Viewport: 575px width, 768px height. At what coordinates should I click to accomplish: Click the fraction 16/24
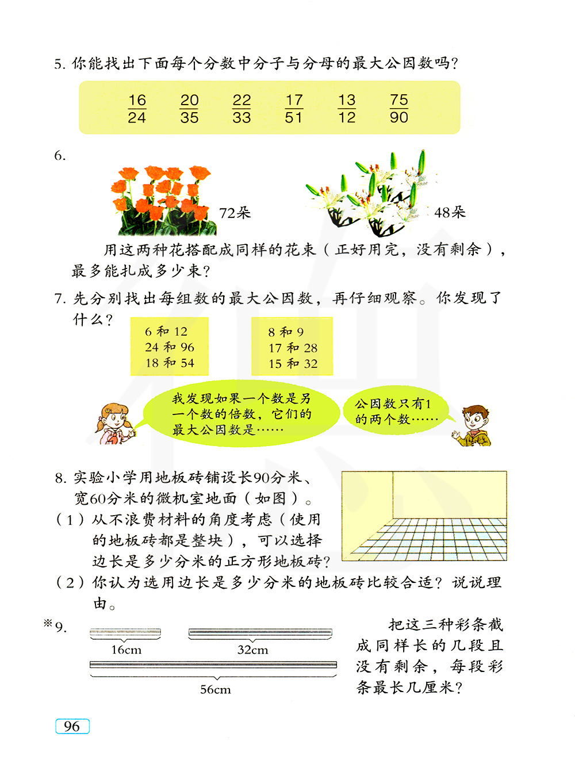coord(137,109)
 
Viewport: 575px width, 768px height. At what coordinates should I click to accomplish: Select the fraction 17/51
coord(294,109)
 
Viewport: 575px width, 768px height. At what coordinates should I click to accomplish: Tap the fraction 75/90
coord(398,109)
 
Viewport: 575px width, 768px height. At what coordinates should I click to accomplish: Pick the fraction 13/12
coord(347,109)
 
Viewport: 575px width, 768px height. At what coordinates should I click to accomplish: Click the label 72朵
coord(235,213)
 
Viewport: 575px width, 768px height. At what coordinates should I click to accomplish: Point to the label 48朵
coord(450,213)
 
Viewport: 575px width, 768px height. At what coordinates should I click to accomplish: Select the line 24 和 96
coord(170,347)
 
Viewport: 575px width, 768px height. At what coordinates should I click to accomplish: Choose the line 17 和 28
coord(293,348)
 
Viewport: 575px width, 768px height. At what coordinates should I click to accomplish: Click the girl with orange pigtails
coord(115,424)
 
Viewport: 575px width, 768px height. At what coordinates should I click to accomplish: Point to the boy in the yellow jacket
coord(473,426)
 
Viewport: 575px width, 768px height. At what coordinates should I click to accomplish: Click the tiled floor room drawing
coord(424,516)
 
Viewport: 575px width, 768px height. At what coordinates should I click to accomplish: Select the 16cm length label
coord(126,650)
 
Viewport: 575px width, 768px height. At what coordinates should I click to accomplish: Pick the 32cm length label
coord(252,650)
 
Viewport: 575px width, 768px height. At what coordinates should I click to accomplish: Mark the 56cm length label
coord(215,690)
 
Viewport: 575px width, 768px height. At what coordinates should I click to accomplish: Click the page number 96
coord(72,726)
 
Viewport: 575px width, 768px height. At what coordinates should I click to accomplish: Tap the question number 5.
coord(60,64)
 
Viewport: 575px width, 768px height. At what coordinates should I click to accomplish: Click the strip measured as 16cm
coord(125,632)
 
